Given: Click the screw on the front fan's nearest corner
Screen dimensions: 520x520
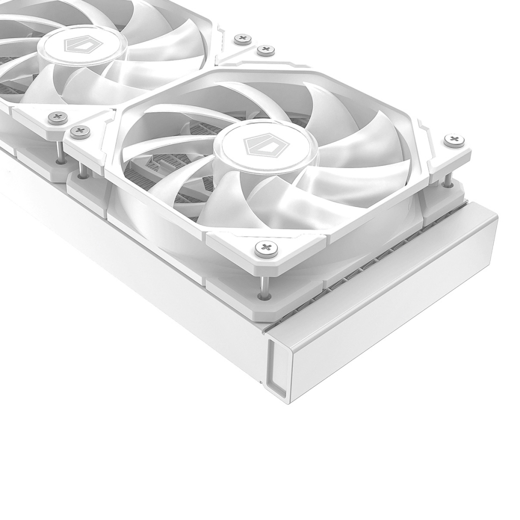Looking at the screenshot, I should pyautogui.click(x=266, y=248).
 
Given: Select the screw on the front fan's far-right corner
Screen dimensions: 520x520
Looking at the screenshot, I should pyautogui.click(x=453, y=140).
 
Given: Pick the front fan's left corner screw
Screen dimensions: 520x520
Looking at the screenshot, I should pyautogui.click(x=80, y=132).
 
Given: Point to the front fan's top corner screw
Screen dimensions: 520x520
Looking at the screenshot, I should pyautogui.click(x=266, y=50).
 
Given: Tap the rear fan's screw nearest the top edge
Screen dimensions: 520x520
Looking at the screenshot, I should pyautogui.click(x=243, y=39).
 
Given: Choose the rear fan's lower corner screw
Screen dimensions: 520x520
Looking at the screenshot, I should pyautogui.click(x=57, y=118).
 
